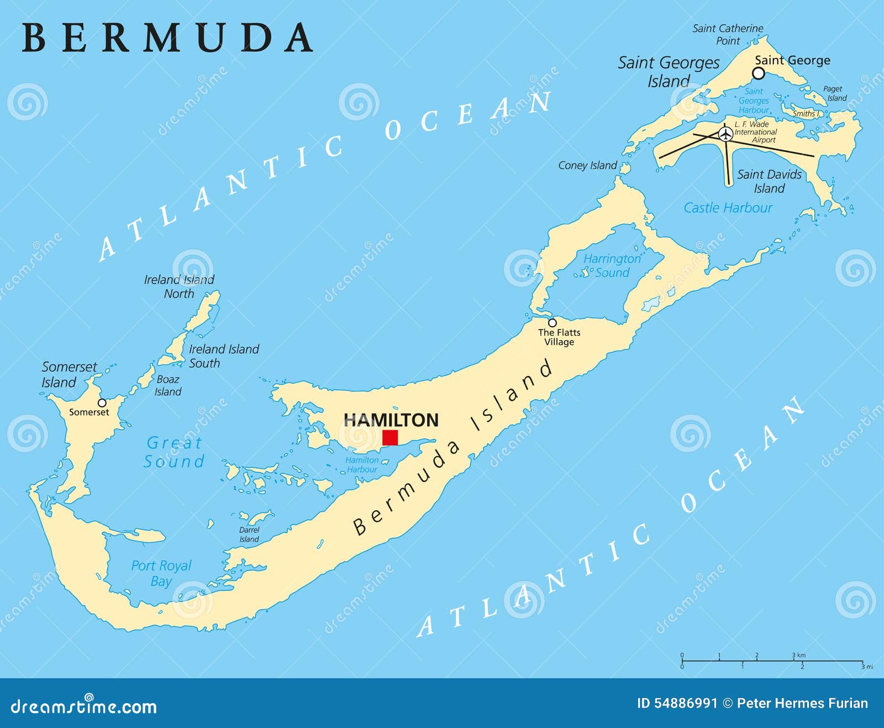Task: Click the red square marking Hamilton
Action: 390,437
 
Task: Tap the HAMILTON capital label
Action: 391,420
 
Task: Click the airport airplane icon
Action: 725,134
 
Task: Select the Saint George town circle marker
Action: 759,74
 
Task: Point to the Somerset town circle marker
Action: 102,402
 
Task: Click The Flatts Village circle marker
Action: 552,323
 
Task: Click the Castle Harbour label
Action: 728,208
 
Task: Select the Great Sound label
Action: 174,452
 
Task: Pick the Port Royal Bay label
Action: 161,573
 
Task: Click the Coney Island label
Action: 587,165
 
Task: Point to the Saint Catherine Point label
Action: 728,34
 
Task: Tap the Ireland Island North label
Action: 179,286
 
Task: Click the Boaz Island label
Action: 167,385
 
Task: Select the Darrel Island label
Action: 249,535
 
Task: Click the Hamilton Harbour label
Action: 362,464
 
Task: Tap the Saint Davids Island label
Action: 769,181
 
